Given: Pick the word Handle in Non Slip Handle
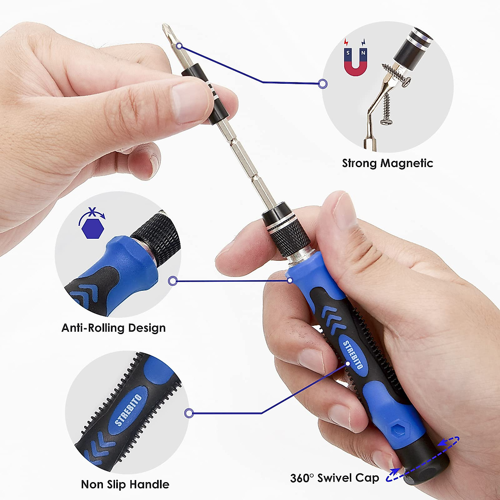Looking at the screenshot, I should (x=149, y=485).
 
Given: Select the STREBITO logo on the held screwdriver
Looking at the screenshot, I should (x=353, y=355).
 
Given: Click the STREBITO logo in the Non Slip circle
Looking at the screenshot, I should (x=128, y=410).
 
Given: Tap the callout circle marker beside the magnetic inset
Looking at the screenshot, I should (x=322, y=84).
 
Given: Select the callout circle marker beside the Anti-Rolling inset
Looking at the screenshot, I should (x=173, y=281).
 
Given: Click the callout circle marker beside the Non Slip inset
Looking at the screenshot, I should (x=189, y=413).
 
